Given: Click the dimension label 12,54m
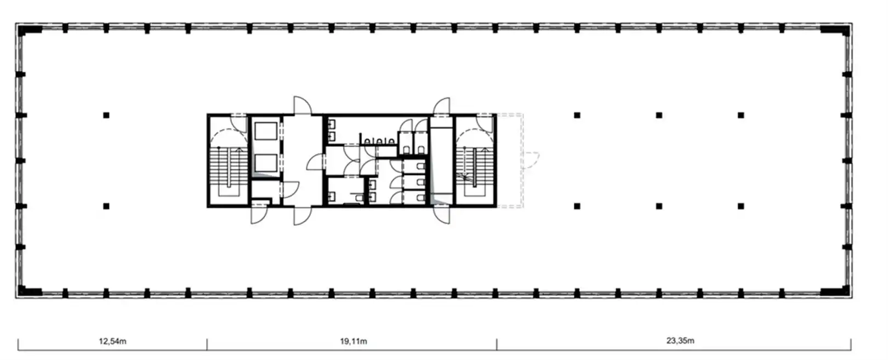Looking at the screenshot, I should (x=112, y=341).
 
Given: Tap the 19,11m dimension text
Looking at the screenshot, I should (x=354, y=341).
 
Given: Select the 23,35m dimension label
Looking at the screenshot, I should (x=680, y=341).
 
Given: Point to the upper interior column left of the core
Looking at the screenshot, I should (x=106, y=115).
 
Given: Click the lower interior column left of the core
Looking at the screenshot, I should (x=106, y=206).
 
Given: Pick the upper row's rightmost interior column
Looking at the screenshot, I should (x=741, y=115).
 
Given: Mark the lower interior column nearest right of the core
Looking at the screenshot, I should (x=577, y=206).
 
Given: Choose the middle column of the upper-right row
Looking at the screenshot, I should (x=659, y=115).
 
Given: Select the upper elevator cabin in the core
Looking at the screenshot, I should (x=266, y=131).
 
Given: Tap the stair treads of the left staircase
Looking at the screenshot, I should (x=227, y=167).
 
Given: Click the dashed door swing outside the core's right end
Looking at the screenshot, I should (x=531, y=160).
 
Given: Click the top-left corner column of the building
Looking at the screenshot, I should (x=29, y=30).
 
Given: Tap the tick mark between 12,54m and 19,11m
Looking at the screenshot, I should (x=207, y=344).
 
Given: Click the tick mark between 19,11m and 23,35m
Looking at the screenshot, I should (x=497, y=344).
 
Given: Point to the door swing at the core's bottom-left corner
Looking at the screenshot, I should (x=260, y=214).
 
